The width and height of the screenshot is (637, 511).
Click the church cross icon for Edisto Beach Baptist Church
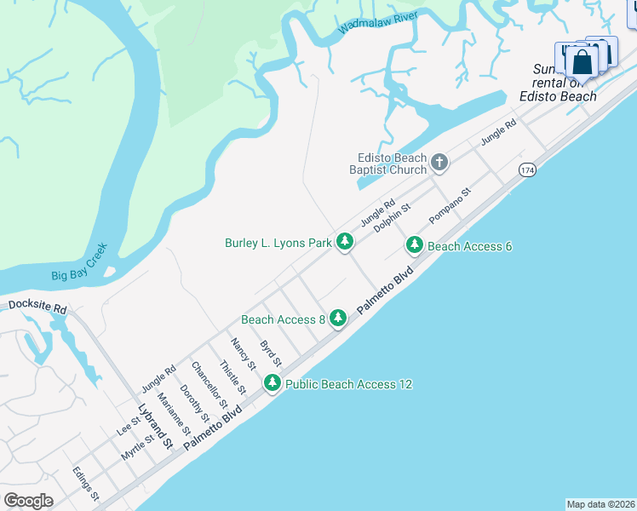coord(439,162)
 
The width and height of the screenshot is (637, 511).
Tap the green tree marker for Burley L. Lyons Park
coord(345,243)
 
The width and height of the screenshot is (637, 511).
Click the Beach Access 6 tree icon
coord(415,245)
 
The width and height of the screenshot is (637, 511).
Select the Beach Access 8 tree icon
coord(338,319)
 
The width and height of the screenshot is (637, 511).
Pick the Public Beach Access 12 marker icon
coord(273,383)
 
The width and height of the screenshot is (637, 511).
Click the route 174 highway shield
coord(526,170)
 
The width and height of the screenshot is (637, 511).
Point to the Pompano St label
coord(450,207)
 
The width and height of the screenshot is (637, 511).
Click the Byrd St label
coord(270,354)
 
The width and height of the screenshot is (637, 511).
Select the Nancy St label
coord(243,353)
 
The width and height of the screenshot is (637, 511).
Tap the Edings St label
coord(86,483)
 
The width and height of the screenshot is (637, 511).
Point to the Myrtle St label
coord(137,447)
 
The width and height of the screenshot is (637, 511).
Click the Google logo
coord(28,501)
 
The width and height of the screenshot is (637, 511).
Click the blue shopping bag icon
coord(582,62)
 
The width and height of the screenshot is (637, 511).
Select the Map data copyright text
coord(600,503)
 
